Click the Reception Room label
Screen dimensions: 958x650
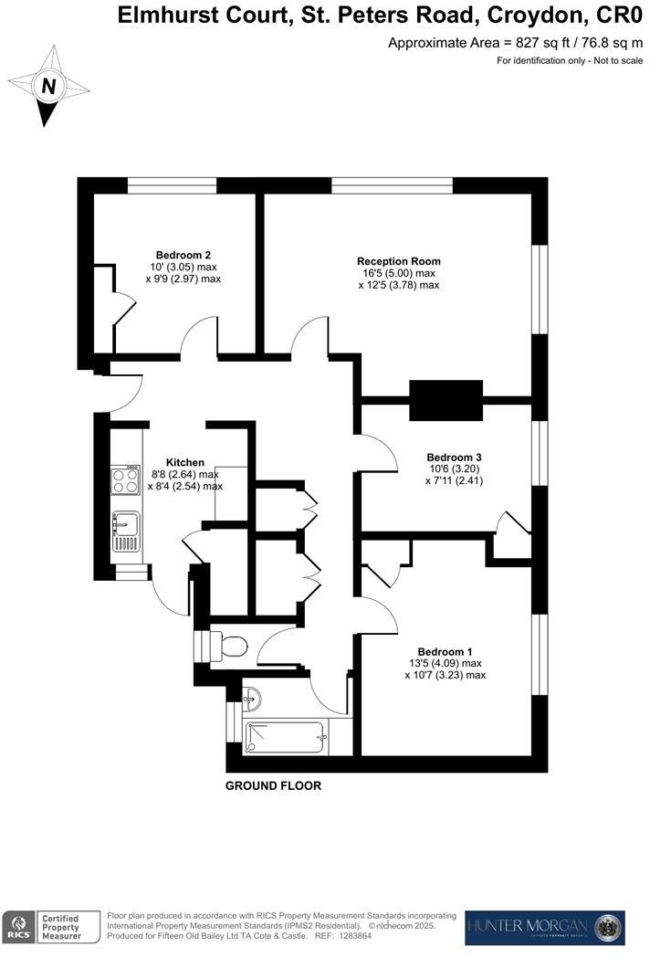[x=399, y=260]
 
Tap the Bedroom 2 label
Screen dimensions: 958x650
[x=183, y=254]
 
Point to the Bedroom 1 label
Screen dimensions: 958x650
[x=445, y=651]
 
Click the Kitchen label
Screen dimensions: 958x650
[x=184, y=462]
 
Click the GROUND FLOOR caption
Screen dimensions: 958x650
[x=274, y=785]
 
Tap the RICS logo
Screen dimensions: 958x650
[x=18, y=925]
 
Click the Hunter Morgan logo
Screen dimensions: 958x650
[x=545, y=927]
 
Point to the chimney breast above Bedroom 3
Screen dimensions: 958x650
[x=446, y=399]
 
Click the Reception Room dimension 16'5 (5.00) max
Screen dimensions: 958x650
[x=399, y=272]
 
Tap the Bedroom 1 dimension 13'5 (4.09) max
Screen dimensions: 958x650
[x=445, y=663]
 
